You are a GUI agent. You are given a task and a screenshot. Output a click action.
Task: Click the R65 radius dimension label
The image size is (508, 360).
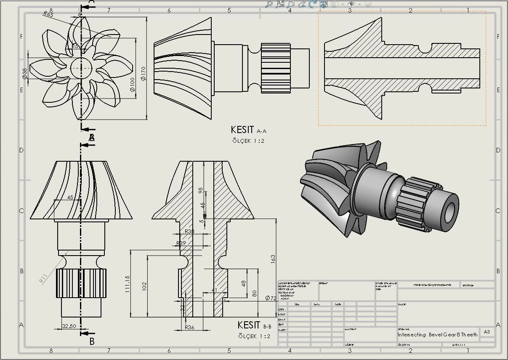coord(48,14)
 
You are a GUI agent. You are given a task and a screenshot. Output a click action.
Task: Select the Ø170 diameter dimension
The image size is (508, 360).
coord(143,74)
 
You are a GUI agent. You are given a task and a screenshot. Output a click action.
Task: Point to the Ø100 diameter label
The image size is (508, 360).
coord(132,84)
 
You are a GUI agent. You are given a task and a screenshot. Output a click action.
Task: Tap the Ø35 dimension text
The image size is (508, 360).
coord(25,74)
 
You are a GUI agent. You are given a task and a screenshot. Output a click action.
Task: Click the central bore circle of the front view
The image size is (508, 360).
coord(80,67)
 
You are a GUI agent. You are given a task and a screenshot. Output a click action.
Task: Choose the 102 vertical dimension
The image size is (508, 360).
coord(144,286)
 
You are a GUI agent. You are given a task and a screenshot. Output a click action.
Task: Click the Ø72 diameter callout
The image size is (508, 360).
coord(270,298)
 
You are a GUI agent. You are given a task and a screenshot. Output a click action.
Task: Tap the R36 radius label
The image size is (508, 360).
coord(189,327)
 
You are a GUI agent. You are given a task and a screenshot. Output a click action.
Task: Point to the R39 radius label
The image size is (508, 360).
coord(181,243)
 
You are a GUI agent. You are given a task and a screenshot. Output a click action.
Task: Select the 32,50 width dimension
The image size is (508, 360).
coord(69,326)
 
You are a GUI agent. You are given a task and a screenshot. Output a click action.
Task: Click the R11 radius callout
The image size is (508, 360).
coord(43,278)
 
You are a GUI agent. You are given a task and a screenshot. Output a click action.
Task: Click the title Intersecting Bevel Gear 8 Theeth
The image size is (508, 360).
coord(438,335)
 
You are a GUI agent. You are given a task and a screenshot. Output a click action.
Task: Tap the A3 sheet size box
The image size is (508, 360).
coord(487,332)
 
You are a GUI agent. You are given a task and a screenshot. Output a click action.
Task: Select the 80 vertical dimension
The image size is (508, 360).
coord(255,293)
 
